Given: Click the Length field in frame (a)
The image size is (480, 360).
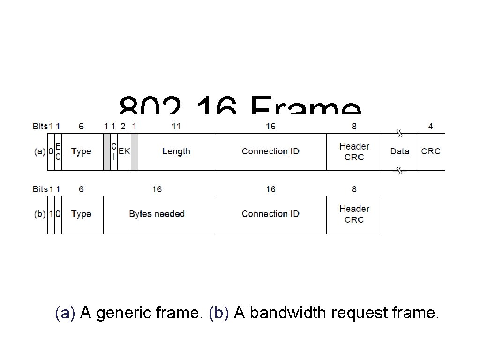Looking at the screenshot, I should [x=176, y=151].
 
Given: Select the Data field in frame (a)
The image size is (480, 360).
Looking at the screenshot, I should [x=399, y=151].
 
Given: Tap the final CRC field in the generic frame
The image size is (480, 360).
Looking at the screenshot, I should [x=431, y=151].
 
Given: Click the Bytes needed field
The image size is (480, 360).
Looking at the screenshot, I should [x=157, y=214].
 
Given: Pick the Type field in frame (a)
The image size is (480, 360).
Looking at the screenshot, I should [x=81, y=151].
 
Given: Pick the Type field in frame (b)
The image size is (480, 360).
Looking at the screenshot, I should [x=81, y=214].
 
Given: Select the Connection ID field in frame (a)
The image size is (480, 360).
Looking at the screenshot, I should [x=270, y=151].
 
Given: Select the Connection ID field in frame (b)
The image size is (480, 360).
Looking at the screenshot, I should [x=270, y=214].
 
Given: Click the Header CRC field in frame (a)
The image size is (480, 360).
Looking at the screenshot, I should [x=354, y=151].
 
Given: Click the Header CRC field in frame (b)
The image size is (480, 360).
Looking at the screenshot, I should [x=354, y=214].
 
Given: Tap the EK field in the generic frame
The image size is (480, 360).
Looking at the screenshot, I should [x=124, y=151].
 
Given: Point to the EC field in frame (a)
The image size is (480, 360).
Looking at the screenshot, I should [x=58, y=151].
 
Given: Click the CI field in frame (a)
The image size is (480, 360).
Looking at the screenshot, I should [x=114, y=151].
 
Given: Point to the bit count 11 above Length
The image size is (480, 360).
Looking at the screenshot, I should [x=176, y=126].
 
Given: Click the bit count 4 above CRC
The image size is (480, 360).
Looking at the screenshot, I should [x=430, y=126].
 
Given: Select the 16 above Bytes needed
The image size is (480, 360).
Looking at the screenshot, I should [x=157, y=189].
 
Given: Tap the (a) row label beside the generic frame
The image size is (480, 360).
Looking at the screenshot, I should [x=40, y=151].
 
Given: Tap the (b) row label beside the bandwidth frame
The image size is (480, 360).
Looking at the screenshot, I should [x=40, y=214].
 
